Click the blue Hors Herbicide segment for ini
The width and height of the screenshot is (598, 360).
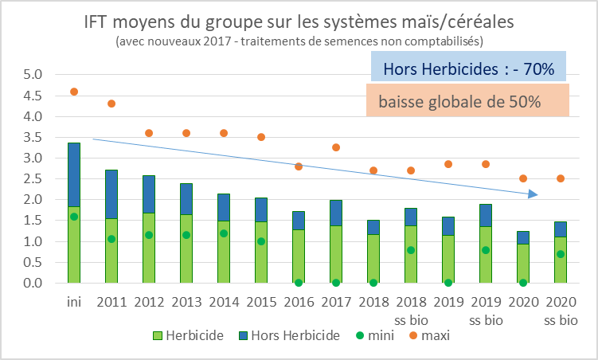[x=74, y=174]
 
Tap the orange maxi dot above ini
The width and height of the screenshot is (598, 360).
[x=74, y=92]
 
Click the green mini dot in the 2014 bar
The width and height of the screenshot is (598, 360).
[x=224, y=233]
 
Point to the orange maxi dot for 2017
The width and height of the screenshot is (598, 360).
[x=336, y=147]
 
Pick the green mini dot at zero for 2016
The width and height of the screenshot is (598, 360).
[x=299, y=282]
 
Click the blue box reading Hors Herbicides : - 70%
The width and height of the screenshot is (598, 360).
[x=468, y=68]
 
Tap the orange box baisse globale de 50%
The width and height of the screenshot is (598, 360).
[x=468, y=102]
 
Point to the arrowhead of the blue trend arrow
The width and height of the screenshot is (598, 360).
[x=535, y=194]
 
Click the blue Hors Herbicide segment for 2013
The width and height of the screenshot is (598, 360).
[x=186, y=198]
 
